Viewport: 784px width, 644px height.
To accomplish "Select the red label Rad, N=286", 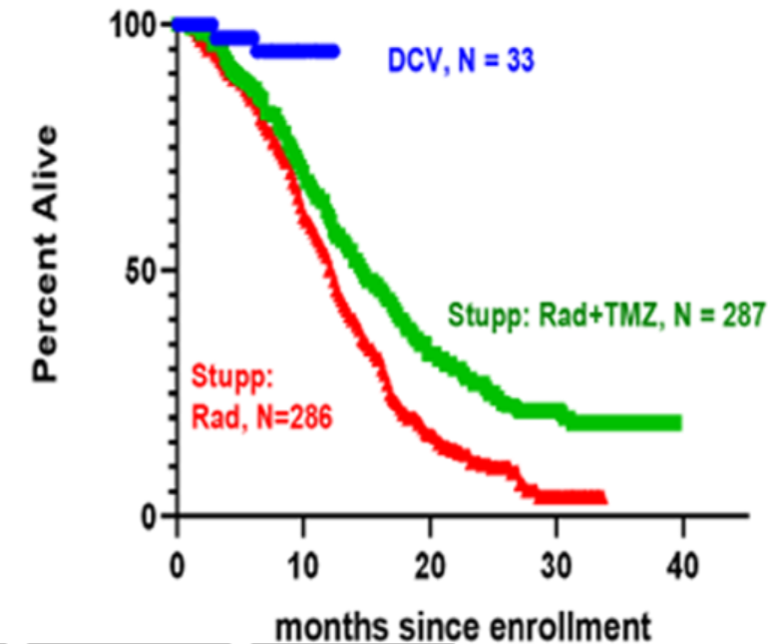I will pyautogui.click(x=260, y=414).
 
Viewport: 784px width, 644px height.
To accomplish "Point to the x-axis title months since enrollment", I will pyautogui.click(x=463, y=626).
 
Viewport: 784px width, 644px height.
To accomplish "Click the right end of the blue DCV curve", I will pyautogui.click(x=335, y=50).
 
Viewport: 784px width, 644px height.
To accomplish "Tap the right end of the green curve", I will pyautogui.click(x=678, y=423).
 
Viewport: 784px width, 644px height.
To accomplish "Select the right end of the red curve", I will pyautogui.click(x=602, y=497).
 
